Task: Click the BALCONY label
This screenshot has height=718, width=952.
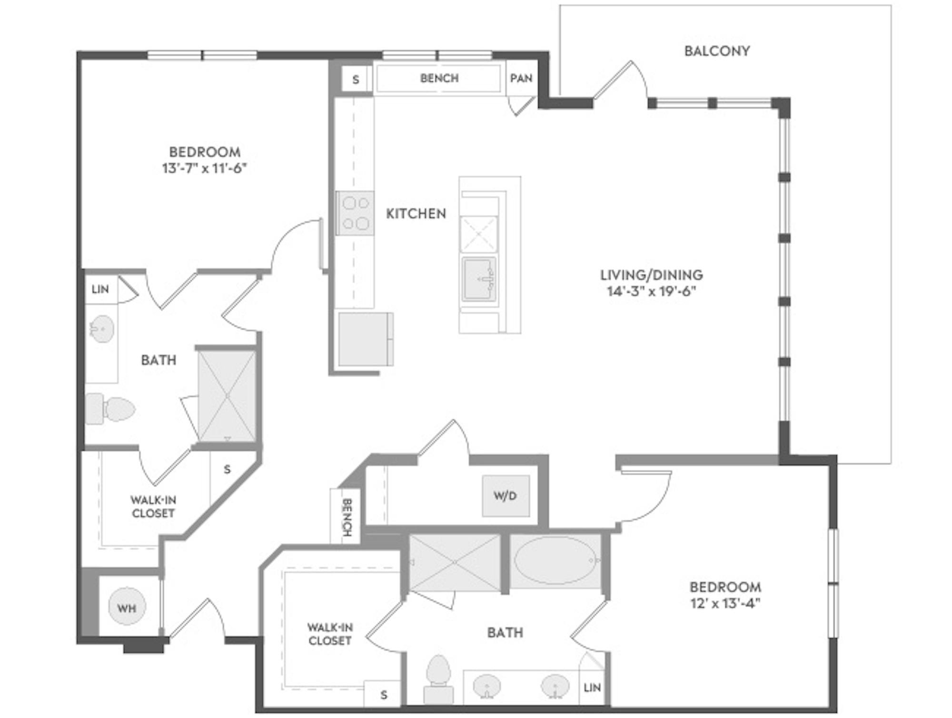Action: point(717,51)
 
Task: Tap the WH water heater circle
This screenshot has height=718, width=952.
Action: point(127,607)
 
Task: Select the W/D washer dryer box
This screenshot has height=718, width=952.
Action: point(506,496)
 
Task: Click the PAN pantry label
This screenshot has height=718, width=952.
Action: point(521,78)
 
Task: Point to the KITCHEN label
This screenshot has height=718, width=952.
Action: point(416,214)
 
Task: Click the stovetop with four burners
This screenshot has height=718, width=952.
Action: point(355,213)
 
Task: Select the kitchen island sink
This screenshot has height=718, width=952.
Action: point(479,279)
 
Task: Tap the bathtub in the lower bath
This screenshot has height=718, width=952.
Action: point(555,560)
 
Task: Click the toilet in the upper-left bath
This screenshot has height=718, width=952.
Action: point(110,409)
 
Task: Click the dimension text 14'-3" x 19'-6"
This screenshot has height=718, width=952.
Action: point(652,291)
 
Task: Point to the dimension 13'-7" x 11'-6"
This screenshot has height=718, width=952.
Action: point(205,168)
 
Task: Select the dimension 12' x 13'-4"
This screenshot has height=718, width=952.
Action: point(725,603)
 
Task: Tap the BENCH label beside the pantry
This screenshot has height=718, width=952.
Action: point(439,78)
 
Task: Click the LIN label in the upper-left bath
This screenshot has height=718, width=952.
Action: point(100,289)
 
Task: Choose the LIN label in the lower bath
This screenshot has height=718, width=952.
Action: point(592,688)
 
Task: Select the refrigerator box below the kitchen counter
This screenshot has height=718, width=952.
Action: point(366,339)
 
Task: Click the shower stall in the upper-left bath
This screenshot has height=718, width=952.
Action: point(227,396)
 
